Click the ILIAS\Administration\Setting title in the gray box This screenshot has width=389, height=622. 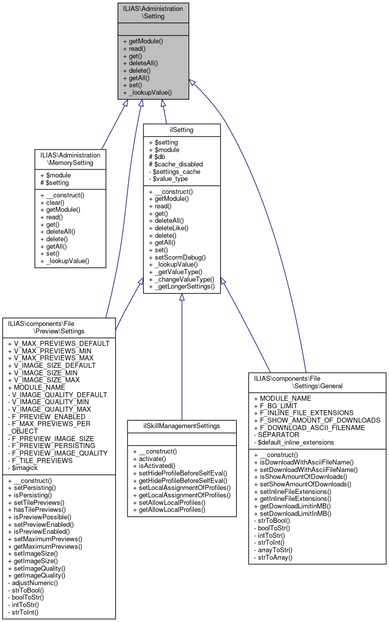point(153,12)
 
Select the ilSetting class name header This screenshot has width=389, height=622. point(182,130)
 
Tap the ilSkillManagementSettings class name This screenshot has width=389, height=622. point(181,426)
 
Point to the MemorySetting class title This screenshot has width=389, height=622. point(70,158)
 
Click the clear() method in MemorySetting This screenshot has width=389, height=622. point(52,203)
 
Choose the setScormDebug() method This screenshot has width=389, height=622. point(177,257)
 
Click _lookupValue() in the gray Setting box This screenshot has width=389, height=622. point(147,92)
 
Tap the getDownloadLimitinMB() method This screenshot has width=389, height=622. point(292,506)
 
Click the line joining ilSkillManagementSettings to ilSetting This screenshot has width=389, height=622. point(182,359)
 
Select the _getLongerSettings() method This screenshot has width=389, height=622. point(181,287)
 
